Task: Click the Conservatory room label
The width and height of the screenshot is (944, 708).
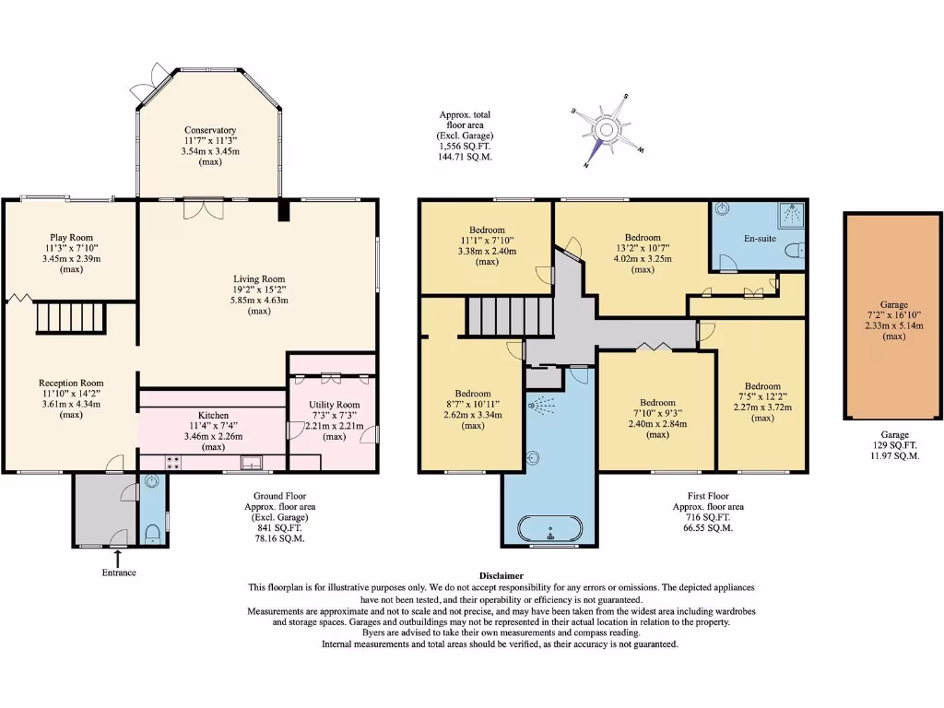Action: (x=209, y=130)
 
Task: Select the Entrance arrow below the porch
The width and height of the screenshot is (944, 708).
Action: (x=118, y=556)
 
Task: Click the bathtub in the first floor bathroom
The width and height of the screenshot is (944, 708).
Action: (x=549, y=530)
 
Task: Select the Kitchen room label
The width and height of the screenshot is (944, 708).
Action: (x=212, y=416)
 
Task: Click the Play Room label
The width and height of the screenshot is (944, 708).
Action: (x=71, y=237)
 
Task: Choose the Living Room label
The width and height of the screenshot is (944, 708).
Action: (x=258, y=278)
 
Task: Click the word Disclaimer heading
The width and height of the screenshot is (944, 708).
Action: (x=501, y=575)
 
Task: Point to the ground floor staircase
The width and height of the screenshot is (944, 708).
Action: (x=71, y=319)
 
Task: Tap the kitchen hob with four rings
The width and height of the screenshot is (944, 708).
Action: (x=172, y=463)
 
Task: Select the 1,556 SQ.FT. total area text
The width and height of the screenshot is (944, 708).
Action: (x=466, y=147)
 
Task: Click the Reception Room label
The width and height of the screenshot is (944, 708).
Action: (x=71, y=383)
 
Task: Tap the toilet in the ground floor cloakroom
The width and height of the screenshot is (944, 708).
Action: (x=152, y=532)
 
